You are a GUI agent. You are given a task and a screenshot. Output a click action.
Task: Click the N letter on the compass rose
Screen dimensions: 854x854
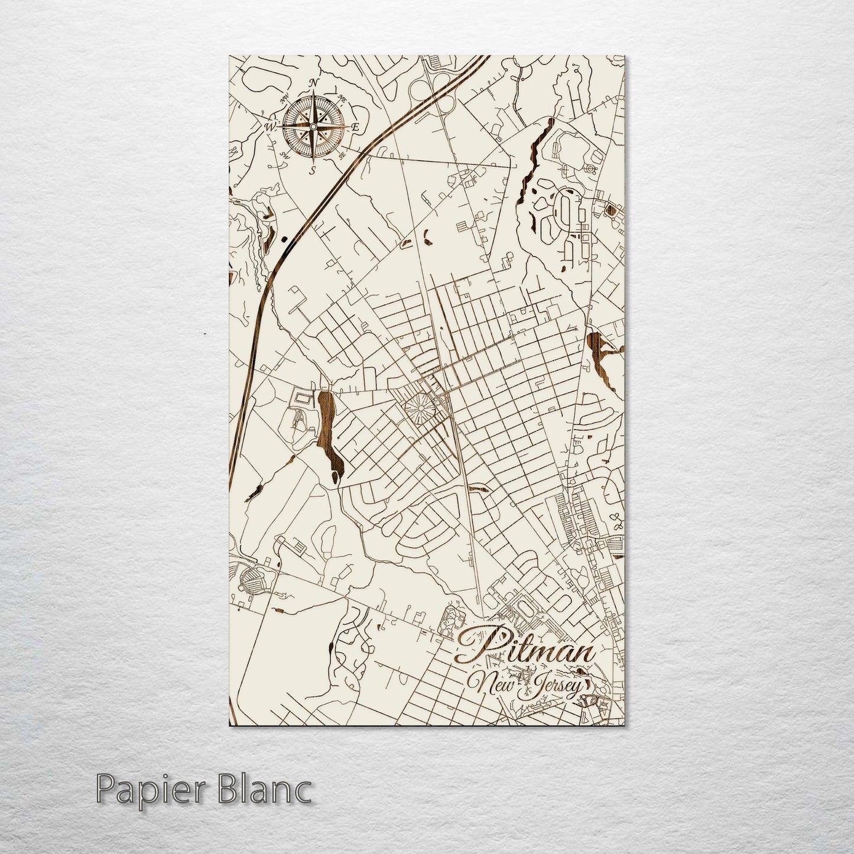[314, 82]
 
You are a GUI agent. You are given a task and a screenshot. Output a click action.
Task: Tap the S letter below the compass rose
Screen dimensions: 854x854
[313, 170]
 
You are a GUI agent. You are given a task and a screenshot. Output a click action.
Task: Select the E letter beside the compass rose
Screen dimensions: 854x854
[355, 127]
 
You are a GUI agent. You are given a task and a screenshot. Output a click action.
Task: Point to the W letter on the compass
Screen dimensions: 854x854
[270, 126]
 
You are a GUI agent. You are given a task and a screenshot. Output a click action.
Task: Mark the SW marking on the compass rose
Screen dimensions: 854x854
[285, 155]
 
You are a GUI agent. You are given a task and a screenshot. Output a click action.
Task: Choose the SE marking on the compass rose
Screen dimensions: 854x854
[342, 155]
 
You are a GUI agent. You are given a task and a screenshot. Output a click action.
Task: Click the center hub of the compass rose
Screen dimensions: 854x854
[313, 126]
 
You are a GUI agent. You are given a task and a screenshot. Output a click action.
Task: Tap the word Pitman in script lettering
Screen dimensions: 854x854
[526, 651]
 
